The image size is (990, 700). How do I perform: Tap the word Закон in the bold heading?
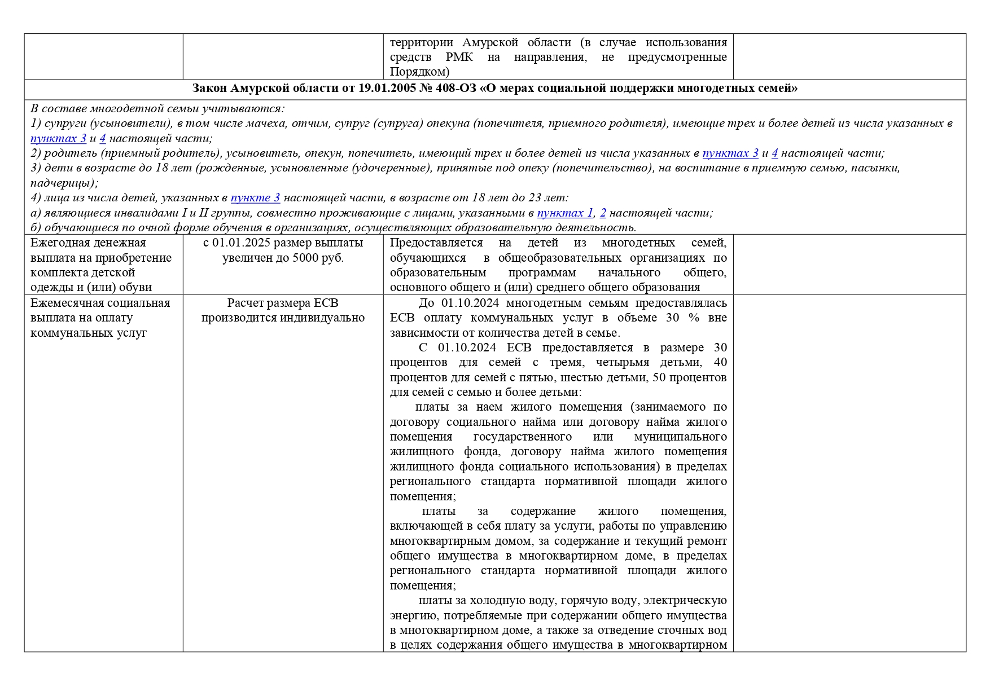[211, 89]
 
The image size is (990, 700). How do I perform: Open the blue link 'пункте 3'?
[255, 197]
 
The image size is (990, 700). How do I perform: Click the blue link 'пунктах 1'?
[565, 213]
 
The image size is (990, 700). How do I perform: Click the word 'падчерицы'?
[64, 183]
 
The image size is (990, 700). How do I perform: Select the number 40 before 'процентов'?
[720, 362]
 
